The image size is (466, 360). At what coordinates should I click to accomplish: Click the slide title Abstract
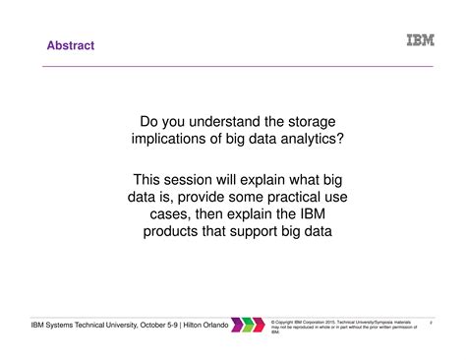[71, 44]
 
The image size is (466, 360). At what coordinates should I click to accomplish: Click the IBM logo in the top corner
[420, 41]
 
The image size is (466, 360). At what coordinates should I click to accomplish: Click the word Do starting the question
[150, 121]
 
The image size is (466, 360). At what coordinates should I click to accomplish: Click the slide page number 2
[432, 321]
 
